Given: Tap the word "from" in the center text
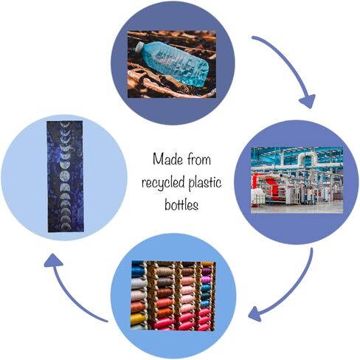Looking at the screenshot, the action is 198,159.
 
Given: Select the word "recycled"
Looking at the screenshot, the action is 163,183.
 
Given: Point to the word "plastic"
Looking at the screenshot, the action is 205,183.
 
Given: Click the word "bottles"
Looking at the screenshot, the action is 181,204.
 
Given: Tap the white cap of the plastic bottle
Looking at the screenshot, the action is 139,46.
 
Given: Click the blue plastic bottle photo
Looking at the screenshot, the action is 172,64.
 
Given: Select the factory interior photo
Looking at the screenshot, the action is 297,180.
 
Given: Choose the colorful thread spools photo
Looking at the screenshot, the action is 173,296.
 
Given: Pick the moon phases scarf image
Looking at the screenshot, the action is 65,176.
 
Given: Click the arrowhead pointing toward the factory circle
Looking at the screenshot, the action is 308,101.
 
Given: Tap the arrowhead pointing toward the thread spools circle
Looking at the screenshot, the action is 256,314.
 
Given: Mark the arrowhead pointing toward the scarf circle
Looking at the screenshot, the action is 53,260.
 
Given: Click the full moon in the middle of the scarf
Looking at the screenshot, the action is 65,176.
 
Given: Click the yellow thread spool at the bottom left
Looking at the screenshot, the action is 138,319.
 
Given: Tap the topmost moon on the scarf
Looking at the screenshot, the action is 65,125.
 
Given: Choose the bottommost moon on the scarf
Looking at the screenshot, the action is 65,225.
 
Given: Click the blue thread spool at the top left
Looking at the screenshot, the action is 138,271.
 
